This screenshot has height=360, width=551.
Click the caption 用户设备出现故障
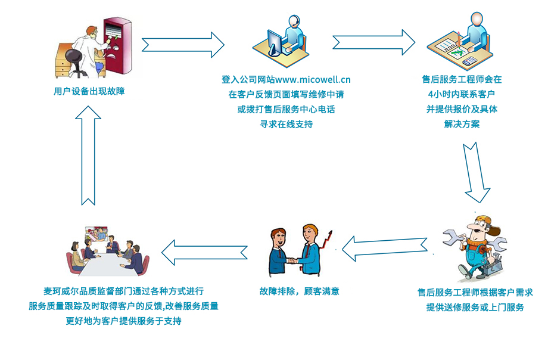(89, 91)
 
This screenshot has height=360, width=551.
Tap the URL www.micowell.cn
(313, 80)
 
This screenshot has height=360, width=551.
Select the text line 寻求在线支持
(286, 124)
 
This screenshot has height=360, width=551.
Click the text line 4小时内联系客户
(462, 94)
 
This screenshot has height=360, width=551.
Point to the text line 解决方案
(462, 124)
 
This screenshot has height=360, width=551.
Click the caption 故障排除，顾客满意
(300, 291)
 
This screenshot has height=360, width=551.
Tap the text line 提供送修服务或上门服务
(475, 308)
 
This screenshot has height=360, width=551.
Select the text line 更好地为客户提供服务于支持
(124, 321)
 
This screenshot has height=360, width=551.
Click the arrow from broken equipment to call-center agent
(183, 45)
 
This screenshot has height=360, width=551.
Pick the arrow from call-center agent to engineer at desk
(373, 42)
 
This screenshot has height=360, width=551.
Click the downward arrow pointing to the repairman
(476, 172)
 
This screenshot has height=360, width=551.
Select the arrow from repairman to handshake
(384, 248)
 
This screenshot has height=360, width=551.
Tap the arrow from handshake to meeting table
(204, 253)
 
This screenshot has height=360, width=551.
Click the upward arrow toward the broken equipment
(88, 156)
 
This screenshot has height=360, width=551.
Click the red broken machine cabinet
(117, 46)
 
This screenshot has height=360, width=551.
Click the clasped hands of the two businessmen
(292, 261)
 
